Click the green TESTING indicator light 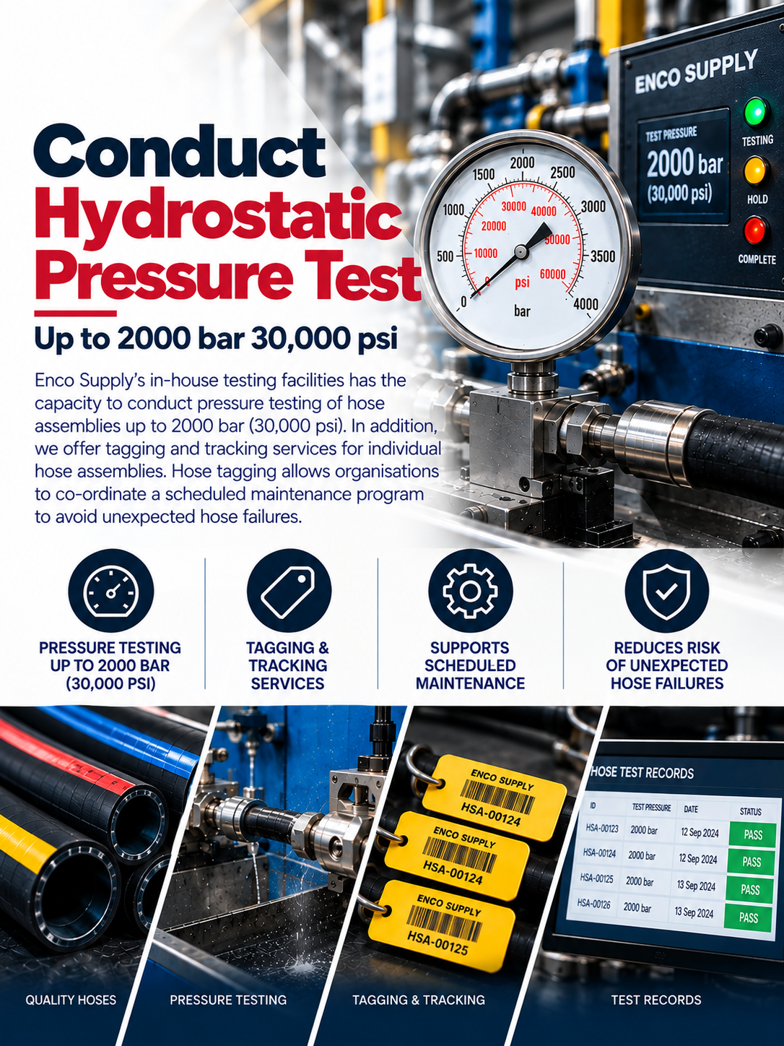[755, 111]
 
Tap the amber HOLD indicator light [757, 170]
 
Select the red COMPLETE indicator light [756, 230]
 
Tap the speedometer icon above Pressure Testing [111, 591]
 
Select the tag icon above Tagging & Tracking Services [289, 591]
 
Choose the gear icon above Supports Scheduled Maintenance [470, 591]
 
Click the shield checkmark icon [666, 591]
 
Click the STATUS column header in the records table [751, 811]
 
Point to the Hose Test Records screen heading [642, 773]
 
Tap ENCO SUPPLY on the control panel [695, 72]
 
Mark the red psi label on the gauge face [522, 282]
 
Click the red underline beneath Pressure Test [75, 313]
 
